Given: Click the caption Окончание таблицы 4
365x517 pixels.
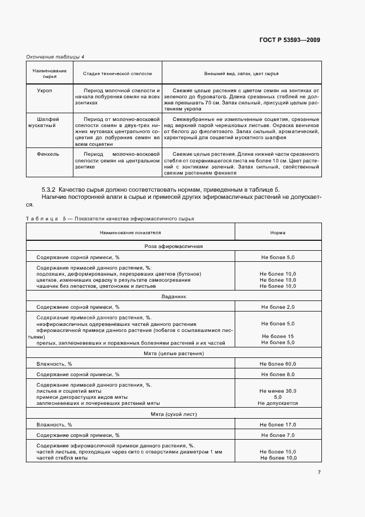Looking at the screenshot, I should click(x=55, y=56).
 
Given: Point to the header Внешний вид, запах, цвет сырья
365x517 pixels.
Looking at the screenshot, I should click(x=241, y=73).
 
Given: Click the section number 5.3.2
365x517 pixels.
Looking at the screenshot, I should click(x=49, y=189).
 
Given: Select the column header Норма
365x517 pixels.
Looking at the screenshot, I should click(x=278, y=233).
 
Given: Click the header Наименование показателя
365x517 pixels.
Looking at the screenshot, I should click(x=130, y=233).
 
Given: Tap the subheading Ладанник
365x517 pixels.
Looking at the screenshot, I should click(x=174, y=297).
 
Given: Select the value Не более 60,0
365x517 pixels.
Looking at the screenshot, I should click(x=278, y=364).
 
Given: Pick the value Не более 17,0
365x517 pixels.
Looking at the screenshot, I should click(x=278, y=425).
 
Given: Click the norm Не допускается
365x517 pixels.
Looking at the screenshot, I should click(x=278, y=403).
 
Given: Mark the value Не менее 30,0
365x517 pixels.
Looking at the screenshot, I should click(x=278, y=391).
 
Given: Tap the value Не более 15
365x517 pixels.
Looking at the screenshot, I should click(x=278, y=336).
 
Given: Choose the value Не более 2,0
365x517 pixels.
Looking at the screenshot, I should click(x=278, y=307).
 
